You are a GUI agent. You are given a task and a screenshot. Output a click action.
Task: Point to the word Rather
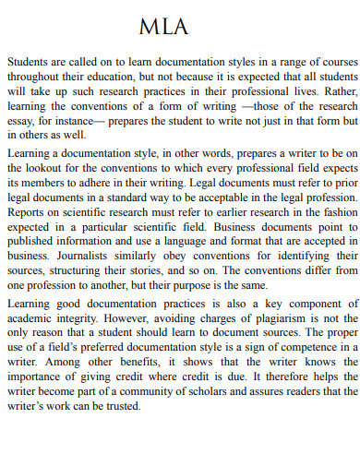pyautogui.click(x=337, y=92)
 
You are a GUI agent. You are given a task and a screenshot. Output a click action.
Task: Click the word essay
pyautogui.click(x=20, y=121)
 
